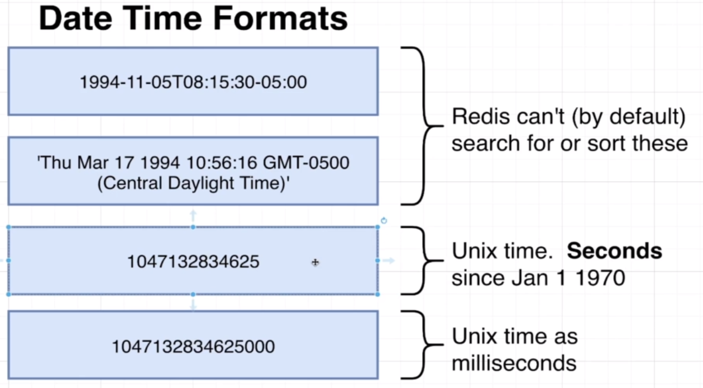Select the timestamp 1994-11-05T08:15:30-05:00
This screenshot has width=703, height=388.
click(x=193, y=83)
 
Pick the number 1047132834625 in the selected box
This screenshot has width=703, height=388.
click(x=193, y=261)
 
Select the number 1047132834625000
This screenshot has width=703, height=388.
click(x=193, y=347)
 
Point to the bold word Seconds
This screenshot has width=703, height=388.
click(x=615, y=251)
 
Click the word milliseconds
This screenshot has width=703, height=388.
click(x=514, y=363)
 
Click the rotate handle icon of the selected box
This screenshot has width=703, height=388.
click(x=384, y=221)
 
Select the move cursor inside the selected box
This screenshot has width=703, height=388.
click(x=315, y=262)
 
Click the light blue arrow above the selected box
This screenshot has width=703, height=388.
click(x=193, y=214)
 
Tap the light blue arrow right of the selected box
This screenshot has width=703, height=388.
click(x=389, y=260)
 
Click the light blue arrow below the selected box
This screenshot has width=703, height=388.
click(x=193, y=305)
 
